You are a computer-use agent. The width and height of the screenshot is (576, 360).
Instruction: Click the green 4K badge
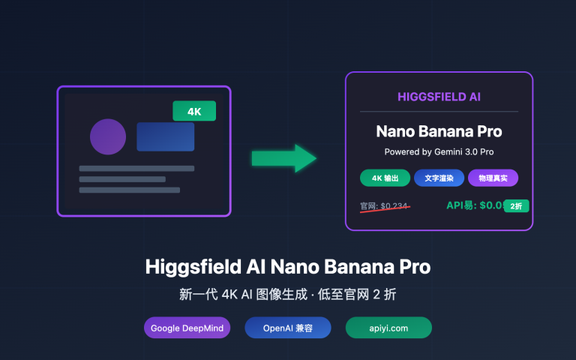194,111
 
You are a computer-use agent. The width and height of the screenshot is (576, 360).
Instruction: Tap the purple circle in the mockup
108,136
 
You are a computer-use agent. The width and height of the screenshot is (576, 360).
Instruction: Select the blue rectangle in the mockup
165,136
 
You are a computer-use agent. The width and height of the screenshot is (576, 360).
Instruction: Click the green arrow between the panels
283,157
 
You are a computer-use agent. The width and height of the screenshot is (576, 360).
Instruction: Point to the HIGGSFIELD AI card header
439,97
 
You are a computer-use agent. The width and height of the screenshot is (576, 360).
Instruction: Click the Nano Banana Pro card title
439,131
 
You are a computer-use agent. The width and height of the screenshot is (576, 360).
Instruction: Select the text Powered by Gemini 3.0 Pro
439,151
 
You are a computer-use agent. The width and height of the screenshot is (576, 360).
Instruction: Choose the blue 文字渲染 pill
439,178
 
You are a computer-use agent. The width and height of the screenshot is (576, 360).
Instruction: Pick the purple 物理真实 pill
493,178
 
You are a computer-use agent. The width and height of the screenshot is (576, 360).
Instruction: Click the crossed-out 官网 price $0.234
385,206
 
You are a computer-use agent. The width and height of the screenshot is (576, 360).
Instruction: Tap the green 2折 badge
517,205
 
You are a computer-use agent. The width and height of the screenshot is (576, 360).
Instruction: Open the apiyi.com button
388,328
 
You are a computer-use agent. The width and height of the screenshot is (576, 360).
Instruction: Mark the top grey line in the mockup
136,168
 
